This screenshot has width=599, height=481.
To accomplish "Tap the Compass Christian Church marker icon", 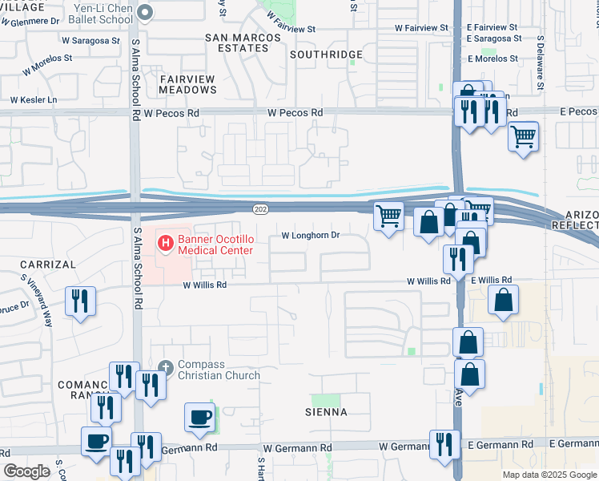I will [166, 367].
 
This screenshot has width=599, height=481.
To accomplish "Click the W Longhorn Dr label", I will [311, 236].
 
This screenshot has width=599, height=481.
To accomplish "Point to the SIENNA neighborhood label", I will [326, 412].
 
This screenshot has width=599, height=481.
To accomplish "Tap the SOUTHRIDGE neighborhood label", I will [326, 55].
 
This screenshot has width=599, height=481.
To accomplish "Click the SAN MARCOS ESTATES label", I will [243, 42].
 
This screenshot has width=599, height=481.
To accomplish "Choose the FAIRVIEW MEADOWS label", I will [188, 84].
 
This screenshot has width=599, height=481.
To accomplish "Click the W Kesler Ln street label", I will [34, 100].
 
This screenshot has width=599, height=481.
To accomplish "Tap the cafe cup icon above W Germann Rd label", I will [199, 417].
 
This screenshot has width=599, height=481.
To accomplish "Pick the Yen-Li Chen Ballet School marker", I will [145, 12].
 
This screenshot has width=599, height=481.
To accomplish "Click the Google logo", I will [26, 471].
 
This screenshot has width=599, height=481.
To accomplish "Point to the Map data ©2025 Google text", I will [549, 475].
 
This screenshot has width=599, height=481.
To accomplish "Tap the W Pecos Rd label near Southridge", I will [295, 113].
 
